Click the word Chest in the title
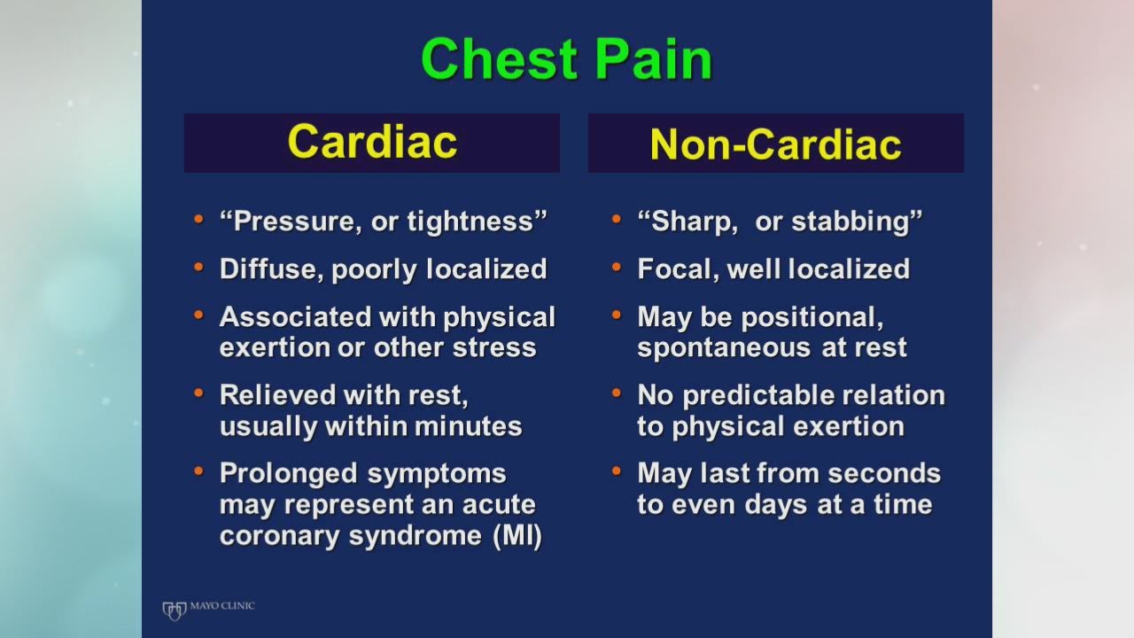(499, 58)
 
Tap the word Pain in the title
(654, 58)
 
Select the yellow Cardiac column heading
(372, 142)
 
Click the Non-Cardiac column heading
(775, 144)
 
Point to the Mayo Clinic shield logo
(175, 611)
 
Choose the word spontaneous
(725, 348)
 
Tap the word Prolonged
(289, 474)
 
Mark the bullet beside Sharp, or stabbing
(616, 219)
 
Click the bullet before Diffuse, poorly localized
(198, 267)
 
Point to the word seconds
(884, 473)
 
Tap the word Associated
(295, 317)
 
